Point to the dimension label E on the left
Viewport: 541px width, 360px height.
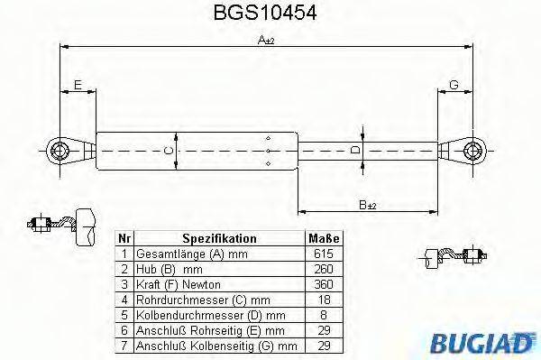pyautogui.click(x=78, y=85)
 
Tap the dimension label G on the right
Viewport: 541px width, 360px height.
pyautogui.click(x=454, y=85)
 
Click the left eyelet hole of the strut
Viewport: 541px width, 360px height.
pyautogui.click(x=60, y=150)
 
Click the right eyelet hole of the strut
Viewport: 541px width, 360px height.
pyautogui.click(x=472, y=150)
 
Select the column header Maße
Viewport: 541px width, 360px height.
pyautogui.click(x=324, y=239)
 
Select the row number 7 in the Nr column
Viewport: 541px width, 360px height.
pyautogui.click(x=125, y=344)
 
